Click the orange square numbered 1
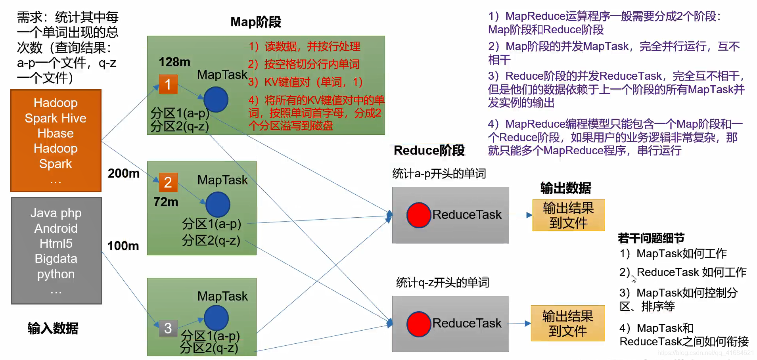(168, 84)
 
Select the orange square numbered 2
(168, 182)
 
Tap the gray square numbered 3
(168, 328)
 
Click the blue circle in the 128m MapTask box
(216, 99)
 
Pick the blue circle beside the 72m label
(218, 204)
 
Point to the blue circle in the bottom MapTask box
(216, 318)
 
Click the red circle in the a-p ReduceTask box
(419, 215)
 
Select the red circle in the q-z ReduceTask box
(419, 324)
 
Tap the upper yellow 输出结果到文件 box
(568, 215)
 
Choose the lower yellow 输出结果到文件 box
(567, 324)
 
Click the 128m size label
(174, 62)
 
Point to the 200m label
(124, 173)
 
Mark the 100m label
(123, 246)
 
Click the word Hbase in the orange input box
(56, 133)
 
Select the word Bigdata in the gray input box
(56, 259)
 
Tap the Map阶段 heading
(256, 22)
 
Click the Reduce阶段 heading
(429, 150)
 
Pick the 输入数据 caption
(53, 328)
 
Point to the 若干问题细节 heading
(651, 238)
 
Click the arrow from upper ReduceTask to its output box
(520, 215)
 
